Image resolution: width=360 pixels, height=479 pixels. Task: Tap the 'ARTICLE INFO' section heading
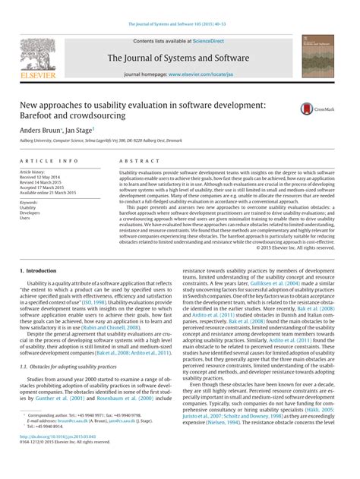pos(49,161)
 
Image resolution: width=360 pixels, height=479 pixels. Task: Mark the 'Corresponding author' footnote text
pos(58,437)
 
